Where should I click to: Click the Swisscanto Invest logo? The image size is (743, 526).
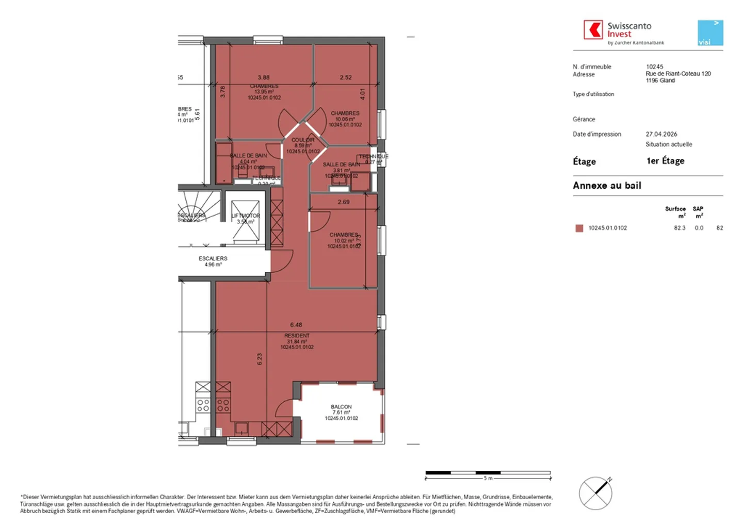pyautogui.click(x=623, y=32)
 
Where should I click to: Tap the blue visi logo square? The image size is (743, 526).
pyautogui.click(x=710, y=33)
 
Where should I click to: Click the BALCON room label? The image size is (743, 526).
pyautogui.click(x=341, y=407)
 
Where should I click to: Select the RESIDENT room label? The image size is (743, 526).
pyautogui.click(x=297, y=336)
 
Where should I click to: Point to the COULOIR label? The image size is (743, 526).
pyautogui.click(x=303, y=140)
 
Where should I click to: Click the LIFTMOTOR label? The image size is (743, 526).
pyautogui.click(x=246, y=216)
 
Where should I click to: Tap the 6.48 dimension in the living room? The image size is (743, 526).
pyautogui.click(x=296, y=325)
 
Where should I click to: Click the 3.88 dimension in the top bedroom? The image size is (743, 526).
pyautogui.click(x=264, y=77)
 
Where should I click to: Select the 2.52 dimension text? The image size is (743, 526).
pyautogui.click(x=346, y=77)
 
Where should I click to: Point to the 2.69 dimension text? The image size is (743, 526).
pyautogui.click(x=344, y=202)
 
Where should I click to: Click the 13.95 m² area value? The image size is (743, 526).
pyautogui.click(x=264, y=92)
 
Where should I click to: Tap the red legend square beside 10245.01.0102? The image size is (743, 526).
pyautogui.click(x=579, y=228)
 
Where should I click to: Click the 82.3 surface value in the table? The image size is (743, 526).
pyautogui.click(x=680, y=228)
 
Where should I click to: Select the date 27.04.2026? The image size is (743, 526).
pyautogui.click(x=661, y=134)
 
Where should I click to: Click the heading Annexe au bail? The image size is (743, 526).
pyautogui.click(x=607, y=186)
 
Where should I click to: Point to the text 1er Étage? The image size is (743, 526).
pyautogui.click(x=665, y=161)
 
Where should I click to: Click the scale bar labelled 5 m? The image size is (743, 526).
pyautogui.click(x=488, y=473)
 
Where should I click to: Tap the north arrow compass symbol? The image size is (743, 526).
pyautogui.click(x=596, y=493)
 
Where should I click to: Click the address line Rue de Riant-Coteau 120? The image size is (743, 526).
pyautogui.click(x=678, y=74)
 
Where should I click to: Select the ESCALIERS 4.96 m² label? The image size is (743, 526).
pyautogui.click(x=213, y=261)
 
